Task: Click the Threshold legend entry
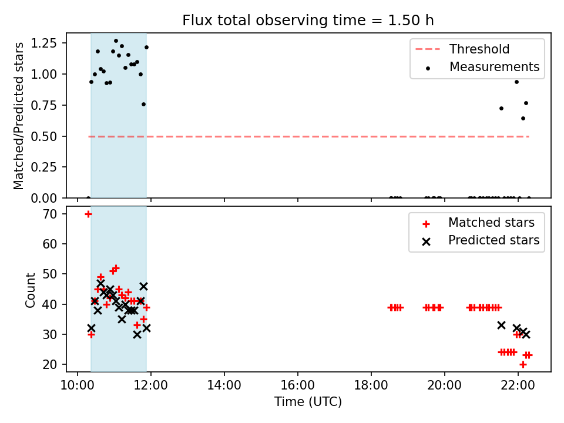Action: (x=462, y=49)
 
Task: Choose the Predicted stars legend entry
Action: (x=481, y=240)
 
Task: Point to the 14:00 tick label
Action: (x=224, y=385)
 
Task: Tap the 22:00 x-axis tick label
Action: (x=518, y=385)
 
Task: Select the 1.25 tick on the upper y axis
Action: (x=44, y=43)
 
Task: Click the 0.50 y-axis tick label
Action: (x=44, y=136)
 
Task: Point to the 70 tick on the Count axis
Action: (x=50, y=214)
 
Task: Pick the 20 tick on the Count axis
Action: (x=50, y=364)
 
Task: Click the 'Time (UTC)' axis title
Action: (x=308, y=401)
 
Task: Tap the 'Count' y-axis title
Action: (x=30, y=290)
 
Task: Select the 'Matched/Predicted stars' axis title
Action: (x=18, y=116)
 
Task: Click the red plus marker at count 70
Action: (x=88, y=214)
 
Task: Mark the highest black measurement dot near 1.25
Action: (x=116, y=41)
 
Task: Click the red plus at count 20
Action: (x=523, y=365)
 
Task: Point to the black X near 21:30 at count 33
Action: (x=501, y=325)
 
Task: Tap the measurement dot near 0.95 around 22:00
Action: (x=516, y=82)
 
